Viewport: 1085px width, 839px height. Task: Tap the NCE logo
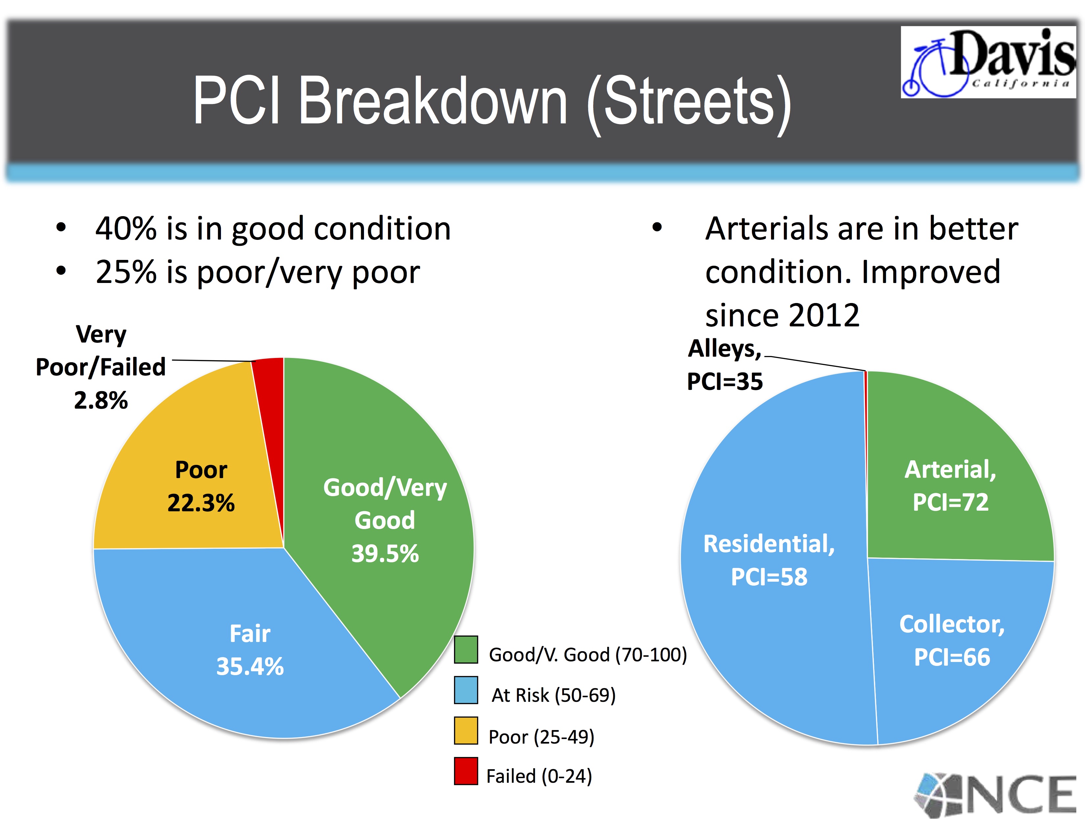click(x=996, y=795)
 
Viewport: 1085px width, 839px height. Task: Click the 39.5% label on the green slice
click(x=385, y=553)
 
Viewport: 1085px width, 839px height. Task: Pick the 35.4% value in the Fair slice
click(x=250, y=666)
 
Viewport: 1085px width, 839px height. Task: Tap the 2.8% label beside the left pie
click(x=101, y=400)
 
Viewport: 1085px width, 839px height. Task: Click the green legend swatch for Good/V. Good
click(x=466, y=649)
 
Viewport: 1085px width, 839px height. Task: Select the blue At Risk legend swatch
click(x=466, y=690)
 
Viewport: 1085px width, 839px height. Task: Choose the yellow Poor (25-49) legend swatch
click(x=466, y=731)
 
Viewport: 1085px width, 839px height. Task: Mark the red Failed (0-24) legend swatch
click(x=466, y=771)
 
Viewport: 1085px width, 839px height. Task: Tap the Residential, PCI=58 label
click(x=769, y=560)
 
